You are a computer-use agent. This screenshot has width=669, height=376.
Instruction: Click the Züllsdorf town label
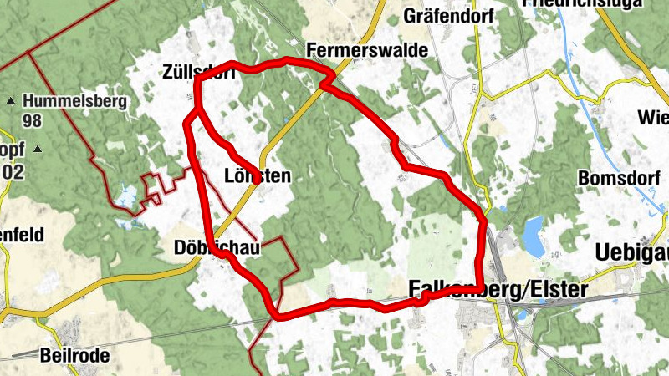click(198, 73)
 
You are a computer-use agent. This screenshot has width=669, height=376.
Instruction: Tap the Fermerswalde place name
click(367, 50)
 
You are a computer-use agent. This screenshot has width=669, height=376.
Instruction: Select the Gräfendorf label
click(437, 15)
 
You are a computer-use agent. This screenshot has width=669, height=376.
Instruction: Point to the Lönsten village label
click(258, 175)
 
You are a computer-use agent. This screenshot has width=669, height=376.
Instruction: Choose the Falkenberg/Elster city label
click(498, 289)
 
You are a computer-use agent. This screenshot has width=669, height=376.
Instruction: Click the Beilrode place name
click(74, 355)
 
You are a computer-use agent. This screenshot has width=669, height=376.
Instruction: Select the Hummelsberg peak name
click(75, 102)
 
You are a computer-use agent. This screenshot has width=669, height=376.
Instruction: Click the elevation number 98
click(33, 121)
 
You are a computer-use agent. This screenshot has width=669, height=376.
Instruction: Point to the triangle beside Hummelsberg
click(10, 102)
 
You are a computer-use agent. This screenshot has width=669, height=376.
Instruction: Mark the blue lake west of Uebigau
click(532, 235)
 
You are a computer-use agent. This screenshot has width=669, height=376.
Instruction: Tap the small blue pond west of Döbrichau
click(126, 197)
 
